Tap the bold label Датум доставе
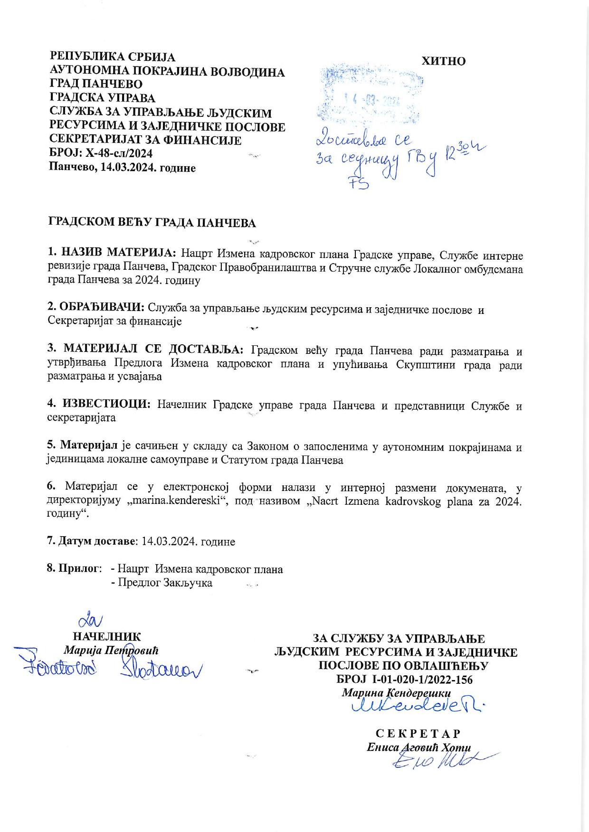[x=97, y=541]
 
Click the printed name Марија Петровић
[x=111, y=650]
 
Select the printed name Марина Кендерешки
[x=396, y=692]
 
